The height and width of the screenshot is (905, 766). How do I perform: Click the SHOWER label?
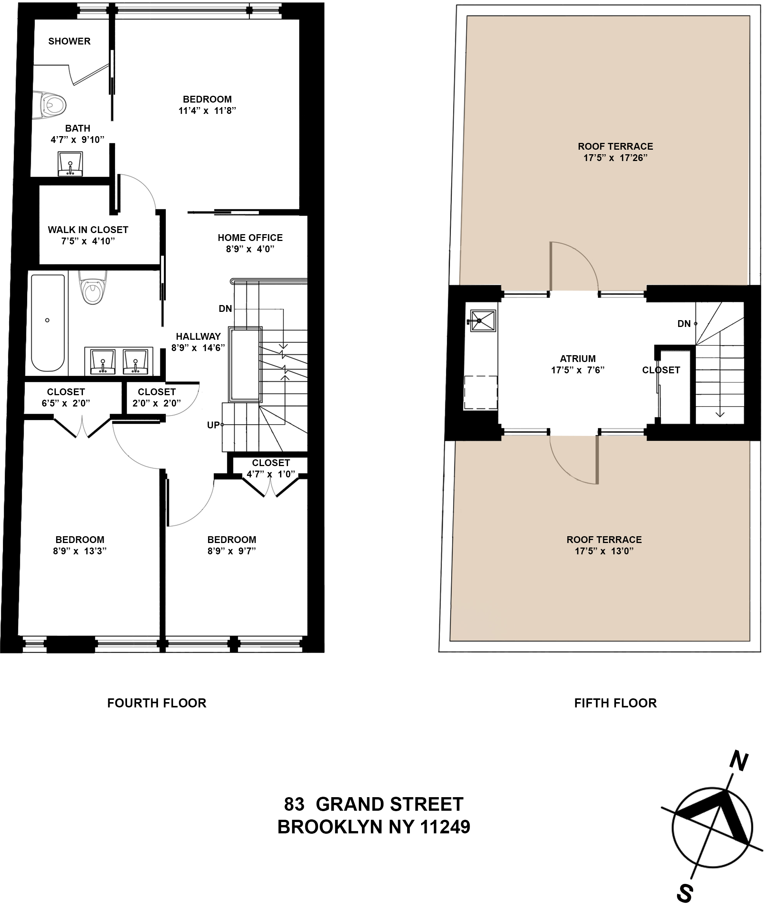pos(69,41)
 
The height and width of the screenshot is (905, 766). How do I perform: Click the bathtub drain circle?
pos(47,320)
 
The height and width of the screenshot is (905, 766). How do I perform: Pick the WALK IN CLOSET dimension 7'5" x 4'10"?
pos(88,241)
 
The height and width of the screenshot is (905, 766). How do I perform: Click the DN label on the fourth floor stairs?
pos(225,309)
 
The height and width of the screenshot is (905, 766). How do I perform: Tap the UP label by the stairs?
pos(213,425)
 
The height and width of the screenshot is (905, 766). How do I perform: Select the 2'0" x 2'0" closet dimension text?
pos(156,403)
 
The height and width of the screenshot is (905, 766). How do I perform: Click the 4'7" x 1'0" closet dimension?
pos(271,474)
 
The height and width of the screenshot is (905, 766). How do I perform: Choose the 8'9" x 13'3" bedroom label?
pos(80,551)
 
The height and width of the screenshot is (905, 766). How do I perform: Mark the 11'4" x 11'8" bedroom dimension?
pos(207,111)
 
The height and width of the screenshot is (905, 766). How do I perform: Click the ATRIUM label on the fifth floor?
pos(577,359)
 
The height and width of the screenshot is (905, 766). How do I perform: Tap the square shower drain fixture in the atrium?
pos(483,321)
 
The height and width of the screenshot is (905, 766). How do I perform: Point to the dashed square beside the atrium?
pos(481,393)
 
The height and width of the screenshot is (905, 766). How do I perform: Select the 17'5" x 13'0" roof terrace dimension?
pos(604,551)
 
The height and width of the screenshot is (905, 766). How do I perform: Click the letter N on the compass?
pos(738,761)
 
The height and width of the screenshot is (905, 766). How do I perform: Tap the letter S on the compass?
pos(685,893)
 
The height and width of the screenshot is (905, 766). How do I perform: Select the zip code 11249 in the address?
pos(445,827)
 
